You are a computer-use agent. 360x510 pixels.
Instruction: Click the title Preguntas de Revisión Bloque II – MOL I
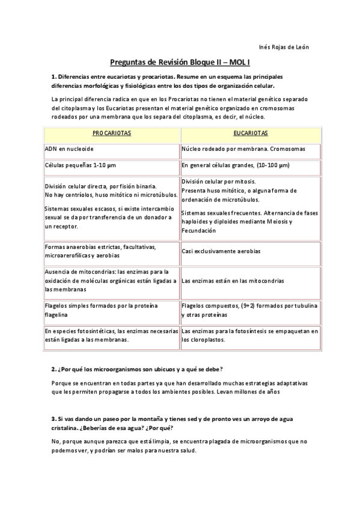click(180, 62)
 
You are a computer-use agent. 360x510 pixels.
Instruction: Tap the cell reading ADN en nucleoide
click(69, 148)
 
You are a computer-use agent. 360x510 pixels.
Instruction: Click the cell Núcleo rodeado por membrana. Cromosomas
click(243, 148)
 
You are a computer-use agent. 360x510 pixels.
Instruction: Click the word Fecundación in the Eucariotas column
click(198, 230)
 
